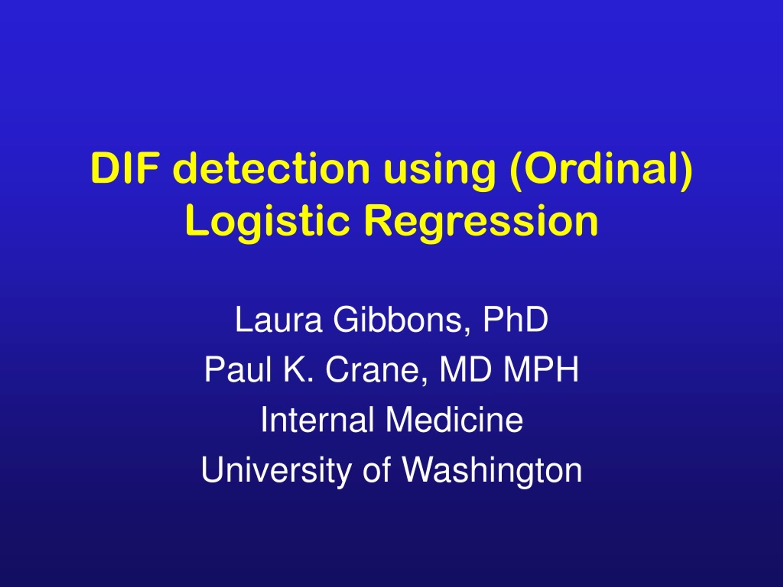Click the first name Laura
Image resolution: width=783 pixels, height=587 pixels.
click(x=279, y=319)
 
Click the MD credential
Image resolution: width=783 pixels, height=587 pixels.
click(x=466, y=369)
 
